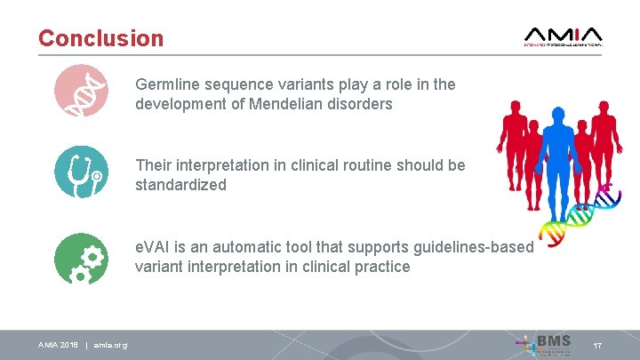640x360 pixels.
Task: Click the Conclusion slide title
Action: click(x=100, y=39)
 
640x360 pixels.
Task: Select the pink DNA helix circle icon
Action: click(x=80, y=91)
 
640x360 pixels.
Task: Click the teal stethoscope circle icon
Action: click(x=80, y=171)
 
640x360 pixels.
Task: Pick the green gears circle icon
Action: click(x=80, y=257)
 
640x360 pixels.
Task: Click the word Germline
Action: click(x=167, y=85)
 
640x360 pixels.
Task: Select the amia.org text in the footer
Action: click(x=110, y=345)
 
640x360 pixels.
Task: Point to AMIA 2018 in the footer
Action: click(x=58, y=345)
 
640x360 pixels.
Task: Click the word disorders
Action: click(x=362, y=103)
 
